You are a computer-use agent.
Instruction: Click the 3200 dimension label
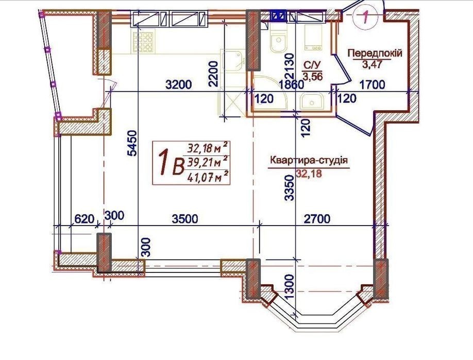pos(179,84)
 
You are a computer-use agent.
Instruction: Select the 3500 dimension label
pos(185,218)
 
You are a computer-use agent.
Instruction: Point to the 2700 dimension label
pos(317,218)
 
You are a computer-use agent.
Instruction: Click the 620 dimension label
pos(84,218)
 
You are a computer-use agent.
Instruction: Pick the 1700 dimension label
pos(373,84)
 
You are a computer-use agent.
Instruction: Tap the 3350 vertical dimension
pos(289,188)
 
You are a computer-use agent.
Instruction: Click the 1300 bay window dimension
pos(289,286)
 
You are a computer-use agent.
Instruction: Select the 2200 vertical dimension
pos(213,74)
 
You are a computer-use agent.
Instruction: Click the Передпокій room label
pos(375,53)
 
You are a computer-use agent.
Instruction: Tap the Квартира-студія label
pos(309,160)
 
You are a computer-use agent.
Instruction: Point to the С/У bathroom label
pos(310,65)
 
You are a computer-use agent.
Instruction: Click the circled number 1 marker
pos(365,17)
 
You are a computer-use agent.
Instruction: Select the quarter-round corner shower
pos(267,93)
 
